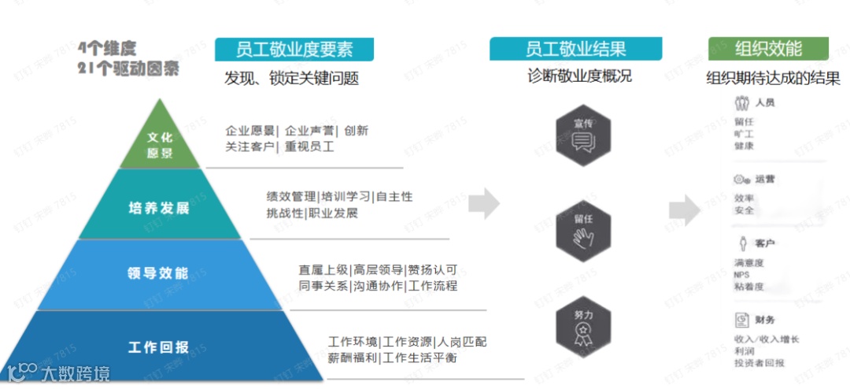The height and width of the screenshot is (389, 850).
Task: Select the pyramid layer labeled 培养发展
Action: coord(159,209)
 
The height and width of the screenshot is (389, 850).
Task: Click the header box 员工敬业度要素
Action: coord(294,50)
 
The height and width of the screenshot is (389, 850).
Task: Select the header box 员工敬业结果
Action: coord(575,49)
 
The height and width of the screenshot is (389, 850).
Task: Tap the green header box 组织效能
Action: coord(768,49)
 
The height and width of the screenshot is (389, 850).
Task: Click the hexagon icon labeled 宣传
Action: coord(582,135)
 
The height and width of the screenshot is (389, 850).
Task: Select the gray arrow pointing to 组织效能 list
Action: coord(684,209)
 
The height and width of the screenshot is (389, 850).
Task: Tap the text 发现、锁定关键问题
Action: coord(291,79)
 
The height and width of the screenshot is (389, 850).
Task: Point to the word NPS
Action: coord(741,275)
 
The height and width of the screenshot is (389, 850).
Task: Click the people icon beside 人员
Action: coord(741,103)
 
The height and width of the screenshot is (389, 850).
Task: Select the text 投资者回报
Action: coord(759,363)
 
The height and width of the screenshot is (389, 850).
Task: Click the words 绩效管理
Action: coord(291,197)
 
